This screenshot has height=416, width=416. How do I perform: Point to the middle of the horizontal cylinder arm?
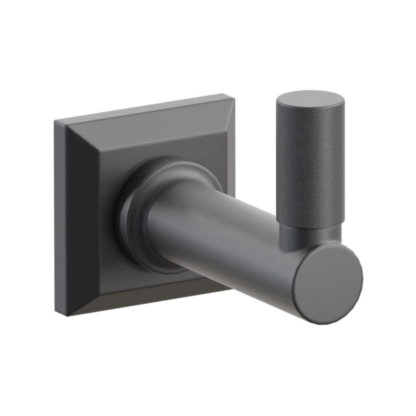227,236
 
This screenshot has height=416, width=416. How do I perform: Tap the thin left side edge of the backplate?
60,215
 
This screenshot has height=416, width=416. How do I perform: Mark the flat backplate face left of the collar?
97,219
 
